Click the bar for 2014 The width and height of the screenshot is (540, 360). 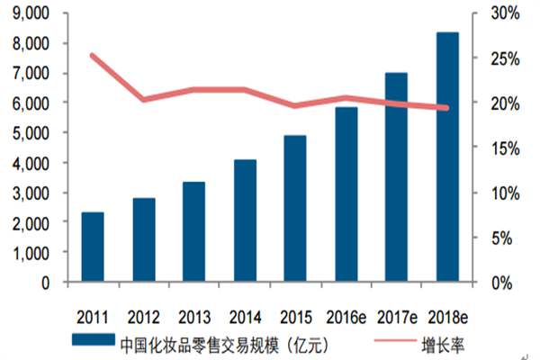pyautogui.click(x=245, y=221)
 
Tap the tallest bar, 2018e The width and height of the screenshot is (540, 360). pyautogui.click(x=447, y=157)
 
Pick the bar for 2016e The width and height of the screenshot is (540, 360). pyautogui.click(x=346, y=195)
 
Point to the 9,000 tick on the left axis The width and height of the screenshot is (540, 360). pyautogui.click(x=31, y=13)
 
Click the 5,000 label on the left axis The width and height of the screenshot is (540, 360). pyautogui.click(x=31, y=133)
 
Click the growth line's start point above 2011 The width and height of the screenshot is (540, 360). pyautogui.click(x=93, y=55)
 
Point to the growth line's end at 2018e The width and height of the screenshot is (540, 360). pyautogui.click(x=447, y=108)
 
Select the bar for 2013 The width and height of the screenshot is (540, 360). pyautogui.click(x=194, y=232)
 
